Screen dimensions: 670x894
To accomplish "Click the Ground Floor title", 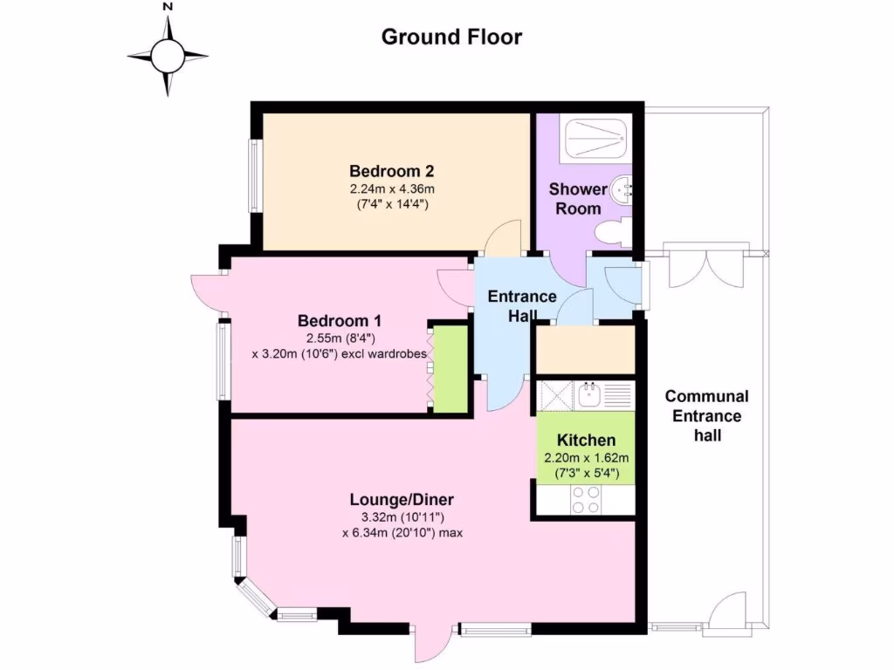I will pyautogui.click(x=451, y=37).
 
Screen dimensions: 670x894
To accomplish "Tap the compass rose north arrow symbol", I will pyautogui.click(x=168, y=56).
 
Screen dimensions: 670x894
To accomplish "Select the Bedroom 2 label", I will pyautogui.click(x=392, y=170).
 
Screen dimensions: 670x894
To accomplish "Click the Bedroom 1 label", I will pyautogui.click(x=338, y=319).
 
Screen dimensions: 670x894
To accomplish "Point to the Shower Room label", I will pyautogui.click(x=577, y=199).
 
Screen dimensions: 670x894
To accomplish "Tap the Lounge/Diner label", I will pyautogui.click(x=402, y=500).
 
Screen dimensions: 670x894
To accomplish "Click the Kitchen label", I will pyautogui.click(x=587, y=441).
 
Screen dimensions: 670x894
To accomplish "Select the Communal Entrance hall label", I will pyautogui.click(x=707, y=415).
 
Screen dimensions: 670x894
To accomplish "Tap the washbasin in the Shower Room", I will pyautogui.click(x=622, y=189).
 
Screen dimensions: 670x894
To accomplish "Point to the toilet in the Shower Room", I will pyautogui.click(x=612, y=233).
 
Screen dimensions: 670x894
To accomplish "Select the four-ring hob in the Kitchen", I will pyautogui.click(x=586, y=499).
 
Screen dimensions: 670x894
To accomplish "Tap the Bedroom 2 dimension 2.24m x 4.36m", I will pyautogui.click(x=392, y=188).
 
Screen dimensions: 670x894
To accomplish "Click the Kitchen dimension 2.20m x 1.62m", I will pyautogui.click(x=587, y=457).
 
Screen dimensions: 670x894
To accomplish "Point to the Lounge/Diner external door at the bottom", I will pyautogui.click(x=429, y=645).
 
